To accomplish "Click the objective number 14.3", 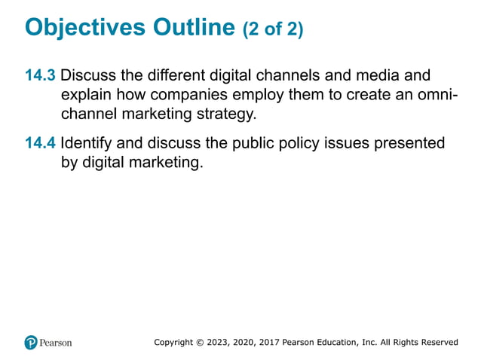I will click(x=41, y=76).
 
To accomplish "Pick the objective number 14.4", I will click(x=41, y=142).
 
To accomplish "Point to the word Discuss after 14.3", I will click(x=89, y=76).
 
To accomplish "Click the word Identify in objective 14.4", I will click(x=87, y=142).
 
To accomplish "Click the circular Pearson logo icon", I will click(x=31, y=342).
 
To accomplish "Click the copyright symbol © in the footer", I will click(x=199, y=343).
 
